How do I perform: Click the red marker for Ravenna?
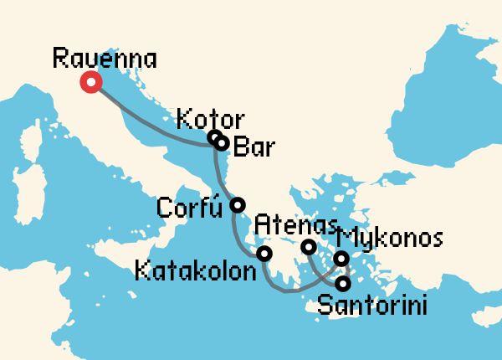90,82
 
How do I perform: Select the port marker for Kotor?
214,137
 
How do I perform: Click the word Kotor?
211,118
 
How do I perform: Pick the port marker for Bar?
222,143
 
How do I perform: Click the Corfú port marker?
238,204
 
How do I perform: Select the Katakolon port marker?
264,254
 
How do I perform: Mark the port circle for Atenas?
309,247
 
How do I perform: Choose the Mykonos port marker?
341,259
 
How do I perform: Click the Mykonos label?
392,239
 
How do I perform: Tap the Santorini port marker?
342,283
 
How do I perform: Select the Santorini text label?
372,307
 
